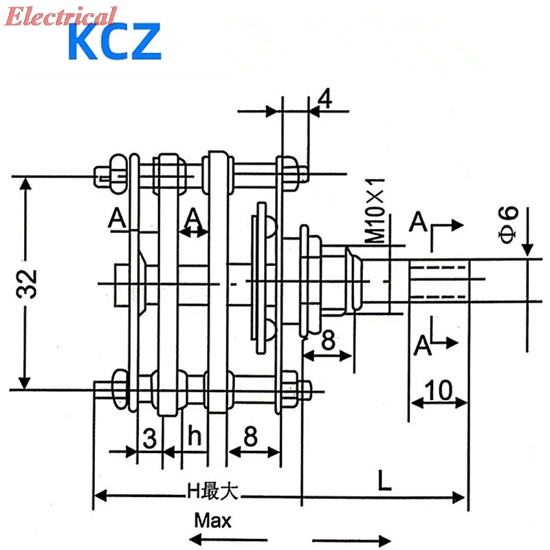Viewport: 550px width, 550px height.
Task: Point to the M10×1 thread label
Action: tap(375, 210)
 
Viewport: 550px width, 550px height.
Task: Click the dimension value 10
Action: tap(439, 391)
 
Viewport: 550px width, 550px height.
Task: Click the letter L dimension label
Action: tap(384, 481)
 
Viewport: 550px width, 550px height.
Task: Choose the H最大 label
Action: tap(212, 492)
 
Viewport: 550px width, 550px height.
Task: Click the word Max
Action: tap(212, 519)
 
